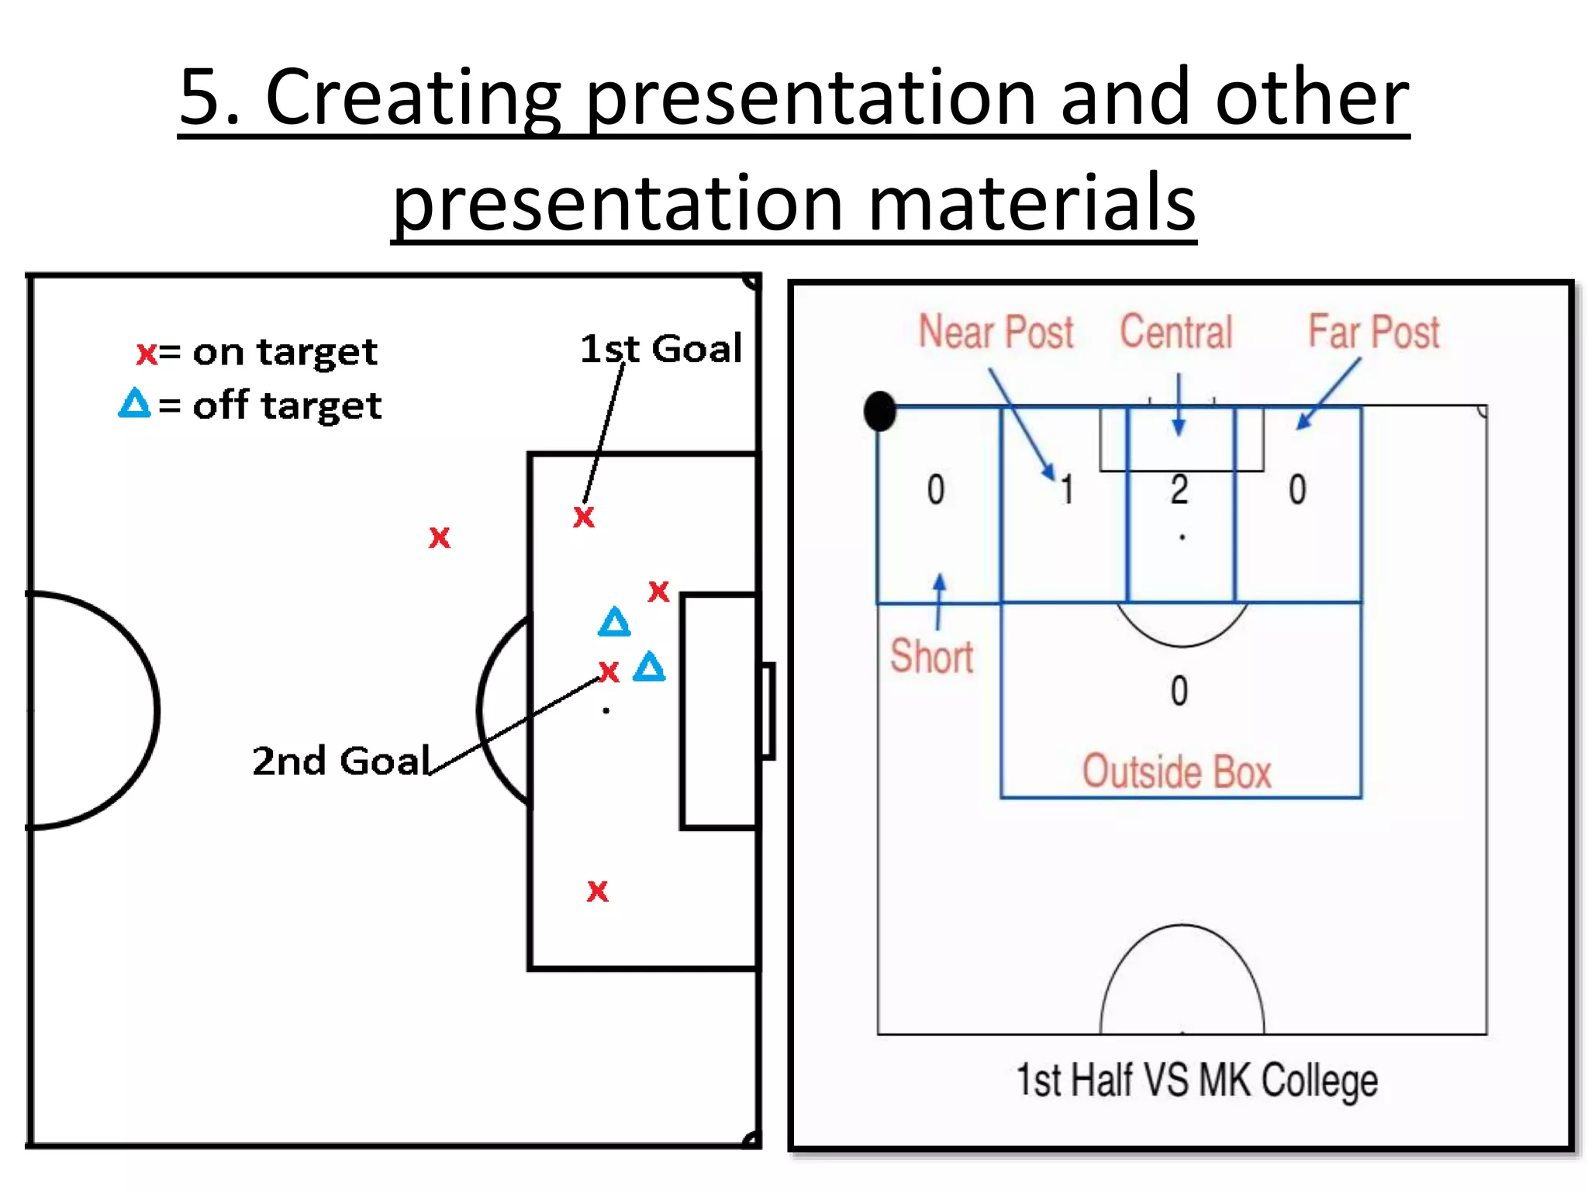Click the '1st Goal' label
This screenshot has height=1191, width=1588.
[661, 349]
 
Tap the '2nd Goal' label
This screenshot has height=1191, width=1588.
[341, 761]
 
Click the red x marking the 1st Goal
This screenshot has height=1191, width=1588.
[584, 517]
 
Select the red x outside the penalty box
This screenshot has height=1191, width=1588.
[440, 537]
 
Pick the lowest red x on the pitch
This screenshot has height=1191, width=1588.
[598, 891]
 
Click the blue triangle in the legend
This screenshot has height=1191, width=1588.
[134, 403]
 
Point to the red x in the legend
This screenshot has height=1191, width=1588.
[146, 354]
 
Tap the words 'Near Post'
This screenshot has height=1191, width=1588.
[996, 333]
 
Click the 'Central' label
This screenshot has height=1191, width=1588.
[1175, 333]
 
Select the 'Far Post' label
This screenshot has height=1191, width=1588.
[1373, 333]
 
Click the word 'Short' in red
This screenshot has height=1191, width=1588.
[931, 657]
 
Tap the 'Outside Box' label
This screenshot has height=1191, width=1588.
[1176, 772]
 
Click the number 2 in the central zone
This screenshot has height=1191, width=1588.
[1179, 490]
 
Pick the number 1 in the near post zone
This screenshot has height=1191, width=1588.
[1067, 490]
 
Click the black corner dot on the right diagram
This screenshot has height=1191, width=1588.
[880, 411]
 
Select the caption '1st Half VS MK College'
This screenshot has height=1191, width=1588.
[1196, 1080]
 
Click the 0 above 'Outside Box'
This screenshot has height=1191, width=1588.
[1179, 691]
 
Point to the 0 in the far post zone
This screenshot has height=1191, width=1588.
[1297, 490]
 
